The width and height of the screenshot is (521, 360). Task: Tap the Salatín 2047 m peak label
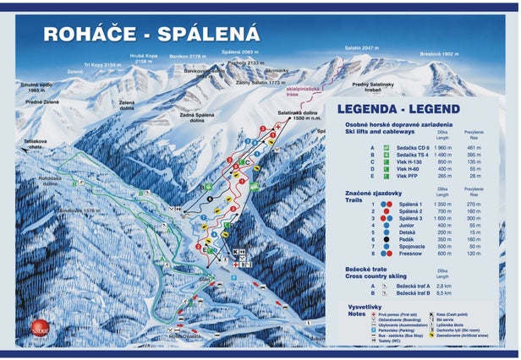[358, 49]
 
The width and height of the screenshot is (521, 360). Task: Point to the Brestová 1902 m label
[438, 53]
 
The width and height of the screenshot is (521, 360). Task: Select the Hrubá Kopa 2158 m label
[144, 59]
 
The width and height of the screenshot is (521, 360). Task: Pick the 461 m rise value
[473, 148]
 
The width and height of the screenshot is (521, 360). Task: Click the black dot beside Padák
[386, 239]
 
